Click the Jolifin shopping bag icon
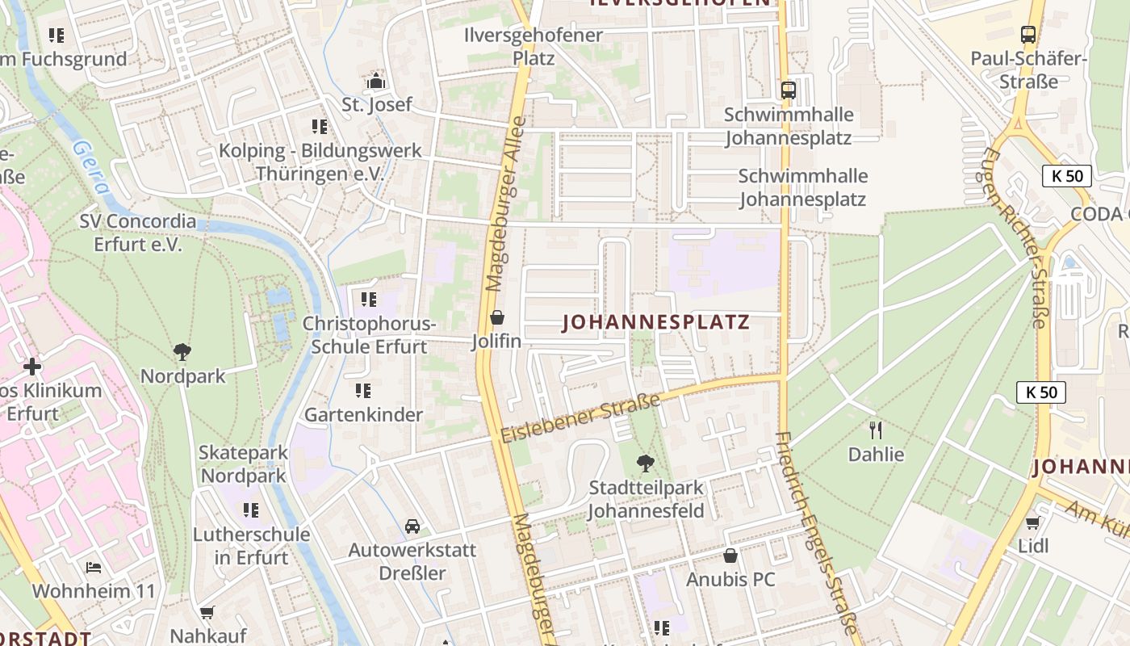(497, 317)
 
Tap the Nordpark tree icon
(182, 352)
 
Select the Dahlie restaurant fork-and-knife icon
(876, 430)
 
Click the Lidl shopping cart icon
(1032, 522)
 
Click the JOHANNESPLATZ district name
(655, 323)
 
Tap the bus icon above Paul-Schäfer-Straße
(1027, 35)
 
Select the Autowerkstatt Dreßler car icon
(412, 526)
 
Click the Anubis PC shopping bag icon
(730, 556)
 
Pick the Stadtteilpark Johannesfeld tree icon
(645, 464)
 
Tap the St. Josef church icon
(376, 81)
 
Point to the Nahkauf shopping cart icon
(207, 613)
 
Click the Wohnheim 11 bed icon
(94, 568)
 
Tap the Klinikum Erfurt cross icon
(32, 367)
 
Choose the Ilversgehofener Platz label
(534, 47)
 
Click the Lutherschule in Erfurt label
(251, 546)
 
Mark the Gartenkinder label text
(363, 415)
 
